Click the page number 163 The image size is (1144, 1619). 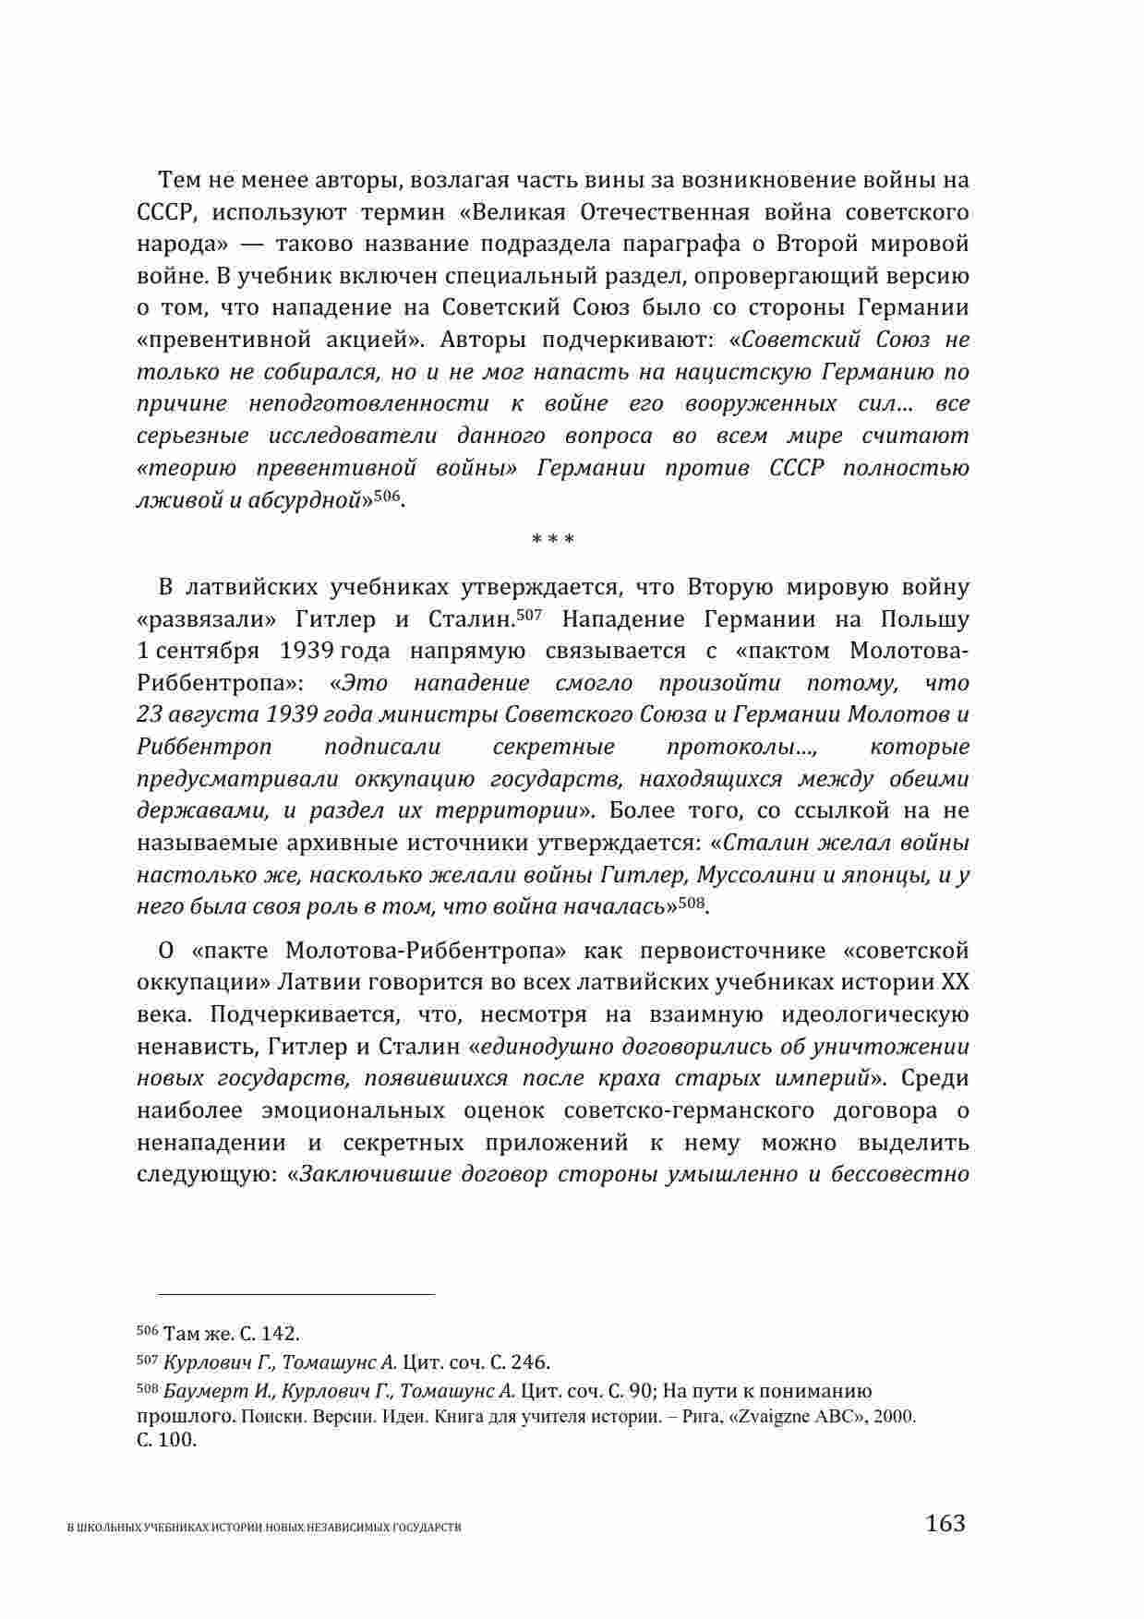tap(945, 1522)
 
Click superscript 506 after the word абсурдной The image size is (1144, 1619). tap(388, 497)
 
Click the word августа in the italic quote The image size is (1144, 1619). tap(213, 715)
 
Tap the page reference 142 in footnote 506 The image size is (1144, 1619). tap(279, 1334)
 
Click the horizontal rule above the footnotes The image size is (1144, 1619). tap(285, 1294)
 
